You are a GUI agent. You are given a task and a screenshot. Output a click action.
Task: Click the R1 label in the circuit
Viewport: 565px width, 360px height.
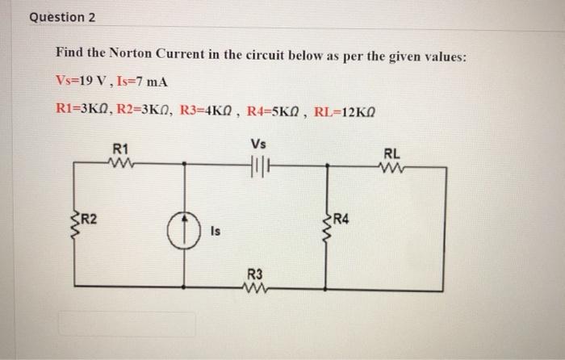point(121,149)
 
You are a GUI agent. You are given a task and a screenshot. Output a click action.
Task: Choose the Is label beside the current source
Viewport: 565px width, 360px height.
point(216,232)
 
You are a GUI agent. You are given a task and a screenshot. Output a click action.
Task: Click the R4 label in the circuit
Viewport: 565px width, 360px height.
point(342,217)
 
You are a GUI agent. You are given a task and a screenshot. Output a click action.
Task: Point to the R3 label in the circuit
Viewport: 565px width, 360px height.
point(254,273)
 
